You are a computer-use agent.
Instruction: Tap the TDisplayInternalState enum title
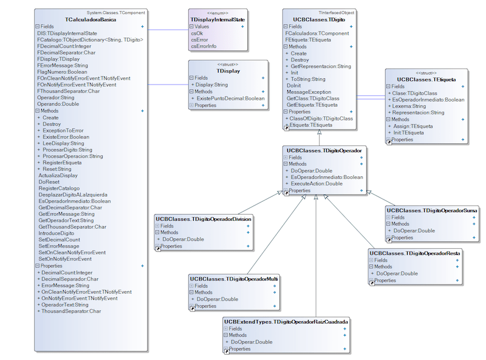[x=218, y=20]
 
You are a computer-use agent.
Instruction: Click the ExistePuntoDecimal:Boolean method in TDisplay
[x=230, y=98]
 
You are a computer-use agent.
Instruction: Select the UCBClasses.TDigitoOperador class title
[x=323, y=150]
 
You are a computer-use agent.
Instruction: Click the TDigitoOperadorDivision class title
[x=204, y=218]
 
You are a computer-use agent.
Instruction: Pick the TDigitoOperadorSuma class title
[x=432, y=210]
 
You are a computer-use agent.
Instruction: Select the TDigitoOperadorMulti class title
[x=234, y=279]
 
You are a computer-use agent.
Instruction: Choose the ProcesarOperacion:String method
[x=73, y=156]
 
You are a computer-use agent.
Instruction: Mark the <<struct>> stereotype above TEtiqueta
[x=426, y=73]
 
